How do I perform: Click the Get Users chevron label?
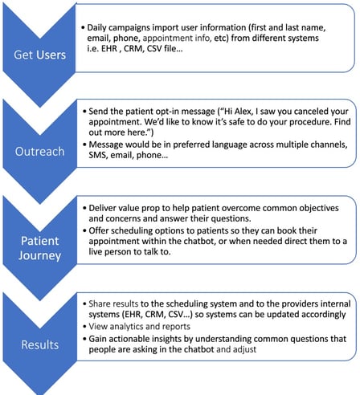tap(39, 55)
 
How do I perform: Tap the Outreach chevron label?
tap(39, 152)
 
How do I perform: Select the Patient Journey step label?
tap(39, 248)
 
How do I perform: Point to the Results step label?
tap(39, 344)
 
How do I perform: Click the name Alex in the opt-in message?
tap(243, 112)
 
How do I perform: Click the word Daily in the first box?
tap(96, 28)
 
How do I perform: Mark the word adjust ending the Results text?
tap(244, 350)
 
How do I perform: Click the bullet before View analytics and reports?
tap(84, 327)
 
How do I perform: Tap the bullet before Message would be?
tap(84, 145)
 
